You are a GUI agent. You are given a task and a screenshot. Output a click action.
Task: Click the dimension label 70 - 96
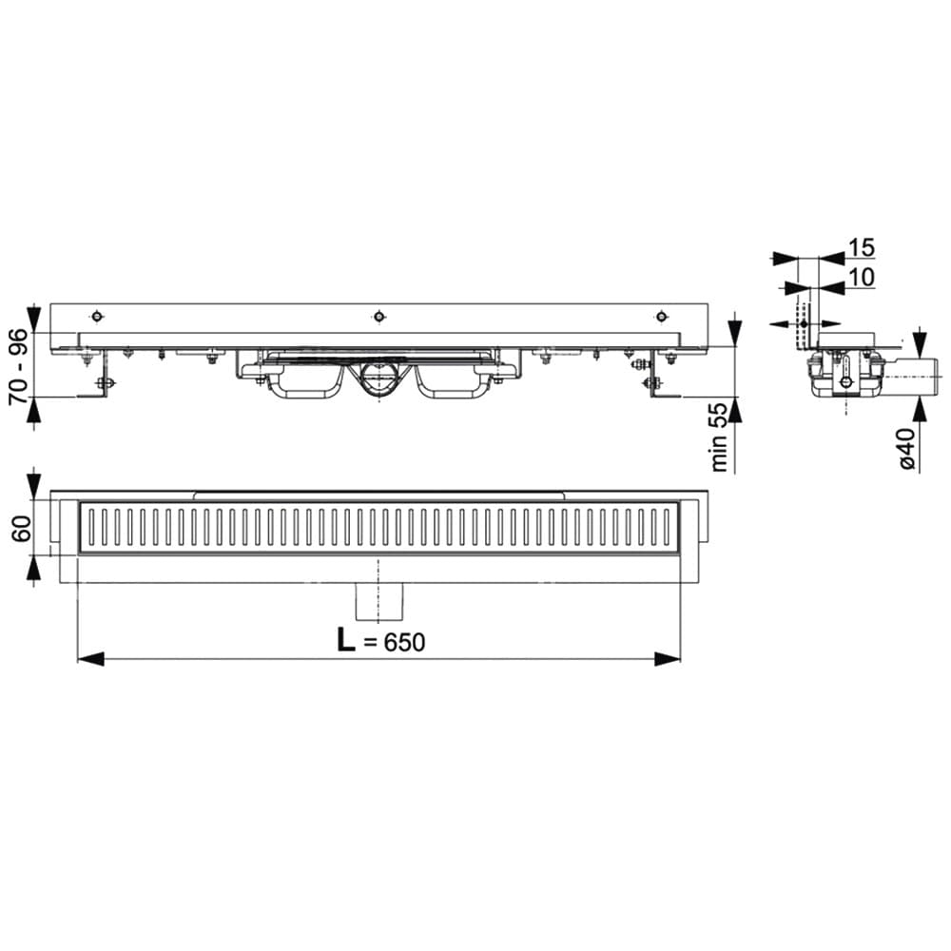19,366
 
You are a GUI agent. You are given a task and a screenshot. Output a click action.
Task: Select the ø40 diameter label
906,447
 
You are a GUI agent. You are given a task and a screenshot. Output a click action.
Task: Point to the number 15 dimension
862,247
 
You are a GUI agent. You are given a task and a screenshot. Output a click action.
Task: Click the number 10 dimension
862,277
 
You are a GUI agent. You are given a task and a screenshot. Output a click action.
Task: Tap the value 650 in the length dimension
403,642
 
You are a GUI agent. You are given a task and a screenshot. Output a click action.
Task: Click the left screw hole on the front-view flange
96,316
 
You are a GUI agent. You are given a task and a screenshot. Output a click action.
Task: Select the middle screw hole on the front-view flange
379,316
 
